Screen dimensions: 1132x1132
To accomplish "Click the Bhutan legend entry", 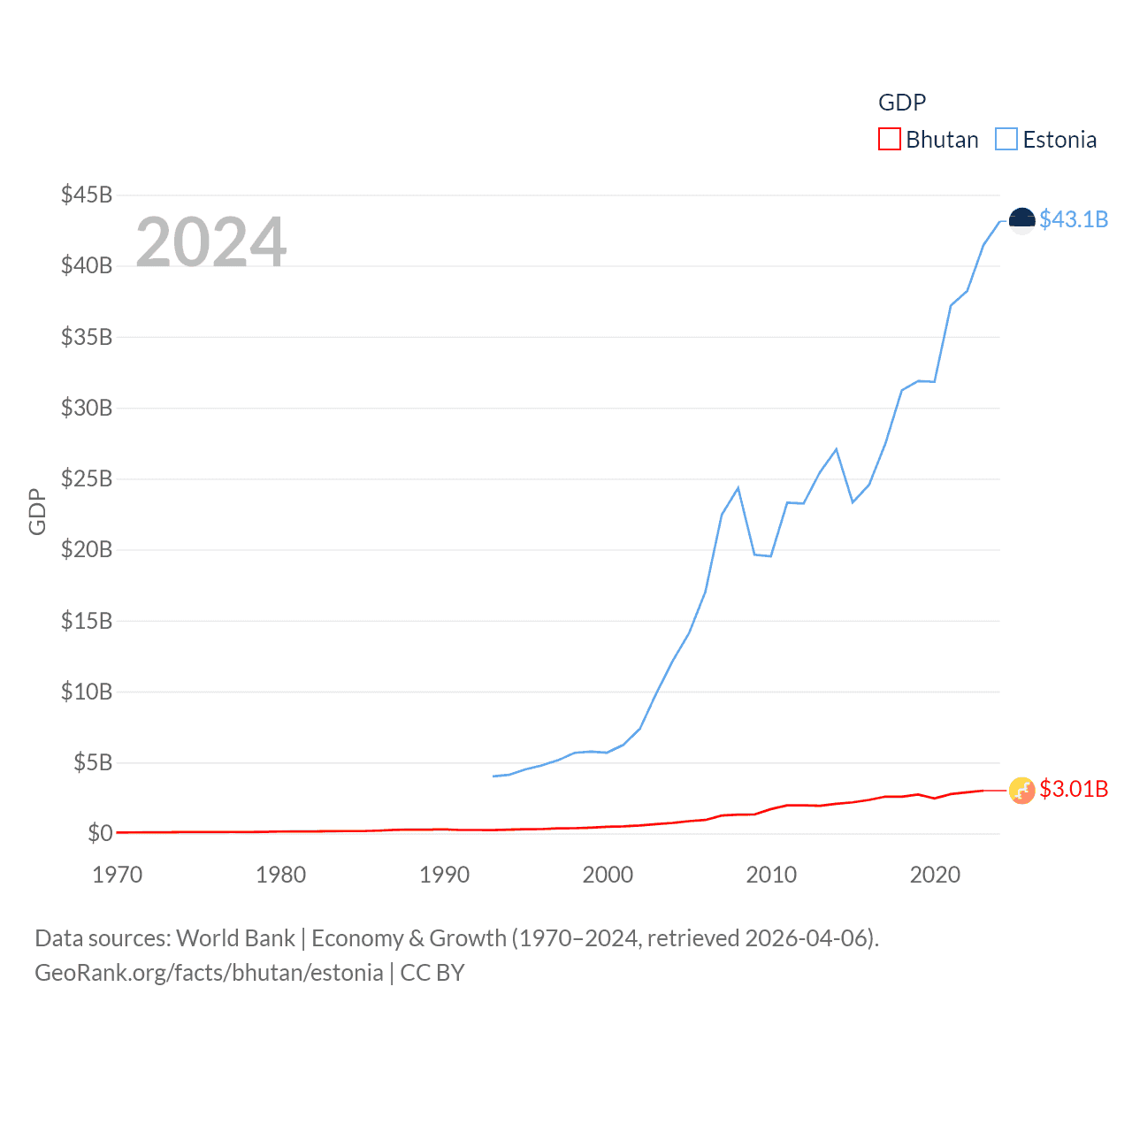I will [929, 140].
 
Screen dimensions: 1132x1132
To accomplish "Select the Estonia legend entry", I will [1046, 140].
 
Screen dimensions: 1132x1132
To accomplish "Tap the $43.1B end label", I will [1074, 219].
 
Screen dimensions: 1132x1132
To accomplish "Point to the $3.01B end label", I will [1074, 789].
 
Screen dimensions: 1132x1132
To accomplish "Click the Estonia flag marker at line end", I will [1021, 220].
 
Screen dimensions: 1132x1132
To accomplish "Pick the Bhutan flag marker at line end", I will [1021, 790].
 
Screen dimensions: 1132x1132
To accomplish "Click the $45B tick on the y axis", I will [87, 195].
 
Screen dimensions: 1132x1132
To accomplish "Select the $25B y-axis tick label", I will [87, 478].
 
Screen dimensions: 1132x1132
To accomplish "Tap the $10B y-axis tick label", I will [87, 692].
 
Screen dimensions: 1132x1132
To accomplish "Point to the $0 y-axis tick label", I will [100, 833].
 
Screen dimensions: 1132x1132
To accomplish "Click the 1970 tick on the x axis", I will [117, 875].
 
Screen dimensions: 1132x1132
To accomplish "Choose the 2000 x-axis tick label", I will [608, 875].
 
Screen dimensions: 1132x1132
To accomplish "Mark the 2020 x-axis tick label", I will [935, 875].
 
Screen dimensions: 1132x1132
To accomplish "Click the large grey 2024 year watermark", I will [210, 241].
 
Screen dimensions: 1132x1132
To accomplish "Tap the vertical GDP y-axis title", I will [37, 511].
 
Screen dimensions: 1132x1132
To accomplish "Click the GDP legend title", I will [902, 103].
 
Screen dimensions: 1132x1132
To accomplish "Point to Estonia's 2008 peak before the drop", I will [738, 488].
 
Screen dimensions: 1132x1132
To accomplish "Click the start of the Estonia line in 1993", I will [493, 776].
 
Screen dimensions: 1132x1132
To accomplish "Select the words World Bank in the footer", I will [235, 938].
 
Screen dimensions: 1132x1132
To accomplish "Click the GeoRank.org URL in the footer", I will [209, 973].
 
